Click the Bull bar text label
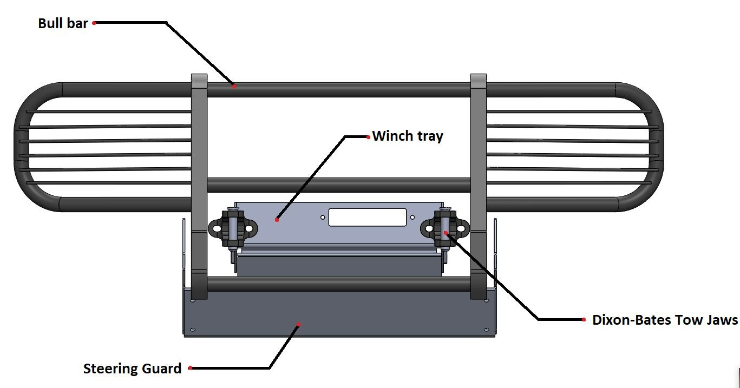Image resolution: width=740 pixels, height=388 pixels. [63, 23]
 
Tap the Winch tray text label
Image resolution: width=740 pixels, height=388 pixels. [408, 136]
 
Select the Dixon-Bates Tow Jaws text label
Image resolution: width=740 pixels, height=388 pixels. [665, 320]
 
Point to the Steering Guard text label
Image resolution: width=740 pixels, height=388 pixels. [132, 369]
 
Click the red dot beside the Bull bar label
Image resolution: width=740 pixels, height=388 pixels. [94, 23]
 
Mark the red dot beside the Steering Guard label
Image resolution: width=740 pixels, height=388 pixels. [190, 368]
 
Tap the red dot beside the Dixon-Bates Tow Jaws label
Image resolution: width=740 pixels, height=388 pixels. [584, 320]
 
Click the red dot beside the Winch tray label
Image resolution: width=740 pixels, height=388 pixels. [369, 136]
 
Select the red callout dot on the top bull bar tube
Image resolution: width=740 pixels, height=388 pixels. [234, 86]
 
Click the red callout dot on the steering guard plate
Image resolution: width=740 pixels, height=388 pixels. [298, 325]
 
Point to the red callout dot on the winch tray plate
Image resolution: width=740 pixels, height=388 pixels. [277, 220]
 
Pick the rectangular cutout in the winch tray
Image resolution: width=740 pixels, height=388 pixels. [367, 218]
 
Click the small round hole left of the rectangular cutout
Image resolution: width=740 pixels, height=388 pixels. [323, 218]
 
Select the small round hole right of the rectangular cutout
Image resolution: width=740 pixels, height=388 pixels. [412, 218]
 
